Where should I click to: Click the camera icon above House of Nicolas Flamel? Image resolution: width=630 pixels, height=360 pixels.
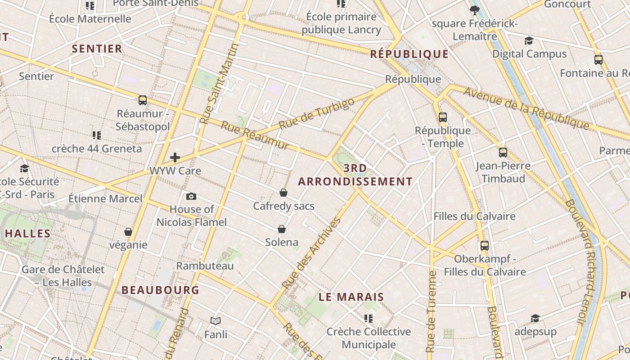click(191, 196)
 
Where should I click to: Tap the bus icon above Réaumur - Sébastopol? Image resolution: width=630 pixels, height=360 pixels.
click(143, 100)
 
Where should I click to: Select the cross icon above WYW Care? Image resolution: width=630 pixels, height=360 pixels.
click(175, 157)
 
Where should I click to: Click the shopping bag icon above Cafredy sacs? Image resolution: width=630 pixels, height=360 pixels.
click(283, 193)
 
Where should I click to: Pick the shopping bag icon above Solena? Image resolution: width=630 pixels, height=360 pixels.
click(282, 229)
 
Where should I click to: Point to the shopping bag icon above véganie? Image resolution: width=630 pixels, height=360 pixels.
click(128, 232)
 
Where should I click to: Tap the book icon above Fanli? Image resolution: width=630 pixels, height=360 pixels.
click(216, 321)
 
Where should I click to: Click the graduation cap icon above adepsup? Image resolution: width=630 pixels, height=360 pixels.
click(535, 319)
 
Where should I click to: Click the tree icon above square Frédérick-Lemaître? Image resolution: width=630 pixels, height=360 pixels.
click(474, 10)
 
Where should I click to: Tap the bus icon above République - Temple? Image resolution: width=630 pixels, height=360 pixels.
click(443, 117)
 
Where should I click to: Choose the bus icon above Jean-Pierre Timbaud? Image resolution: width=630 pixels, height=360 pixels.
click(503, 153)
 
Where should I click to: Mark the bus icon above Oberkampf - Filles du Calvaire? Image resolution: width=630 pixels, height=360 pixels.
click(485, 246)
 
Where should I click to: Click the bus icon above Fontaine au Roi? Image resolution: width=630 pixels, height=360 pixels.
click(598, 60)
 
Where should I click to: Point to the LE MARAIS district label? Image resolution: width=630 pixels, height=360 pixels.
click(351, 297)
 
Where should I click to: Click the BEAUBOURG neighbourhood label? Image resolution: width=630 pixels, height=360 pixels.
click(160, 290)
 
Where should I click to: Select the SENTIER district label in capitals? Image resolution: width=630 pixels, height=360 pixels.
click(97, 49)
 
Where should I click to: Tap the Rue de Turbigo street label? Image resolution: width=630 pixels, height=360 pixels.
click(316, 114)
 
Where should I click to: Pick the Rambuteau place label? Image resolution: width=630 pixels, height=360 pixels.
click(205, 265)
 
